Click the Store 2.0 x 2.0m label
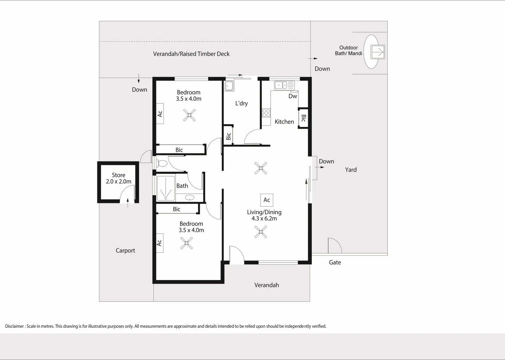point(119,178)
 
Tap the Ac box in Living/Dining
point(267,200)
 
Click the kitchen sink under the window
point(284,85)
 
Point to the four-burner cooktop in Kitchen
point(266,113)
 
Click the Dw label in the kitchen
point(293,96)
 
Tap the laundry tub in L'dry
point(229,86)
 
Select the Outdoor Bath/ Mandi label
point(349,50)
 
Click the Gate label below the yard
point(335,262)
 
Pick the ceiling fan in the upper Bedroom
point(189,115)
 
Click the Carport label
point(125,251)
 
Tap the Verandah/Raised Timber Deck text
point(191,54)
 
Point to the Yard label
point(351,170)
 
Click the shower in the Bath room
point(166,188)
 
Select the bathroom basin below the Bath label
point(189,198)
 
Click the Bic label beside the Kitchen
point(304,118)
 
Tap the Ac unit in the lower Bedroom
point(160,243)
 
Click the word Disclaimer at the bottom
point(14,326)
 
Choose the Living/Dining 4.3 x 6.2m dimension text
point(264,215)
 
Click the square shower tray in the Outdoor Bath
point(378,52)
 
